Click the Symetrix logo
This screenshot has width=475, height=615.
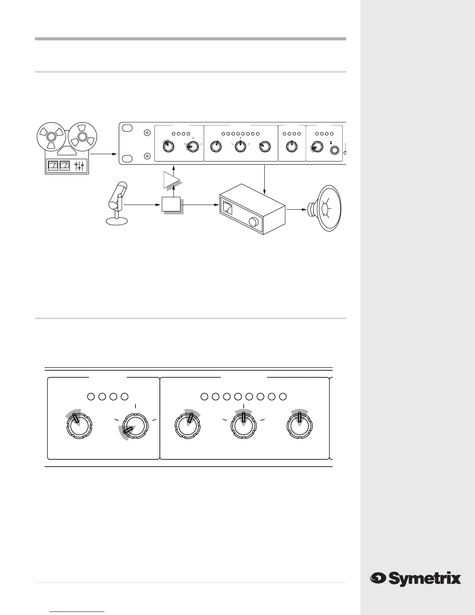point(415,579)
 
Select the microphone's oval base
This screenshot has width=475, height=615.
point(116,221)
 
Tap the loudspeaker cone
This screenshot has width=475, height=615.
point(328,209)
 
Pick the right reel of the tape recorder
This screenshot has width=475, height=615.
point(82,137)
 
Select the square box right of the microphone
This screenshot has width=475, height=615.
point(171,204)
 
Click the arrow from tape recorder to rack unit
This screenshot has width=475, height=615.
point(104,154)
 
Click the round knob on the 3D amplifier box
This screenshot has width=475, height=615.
point(254,222)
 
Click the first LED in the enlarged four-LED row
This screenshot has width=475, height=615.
point(91,397)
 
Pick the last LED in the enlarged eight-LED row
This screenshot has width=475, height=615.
point(283,397)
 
